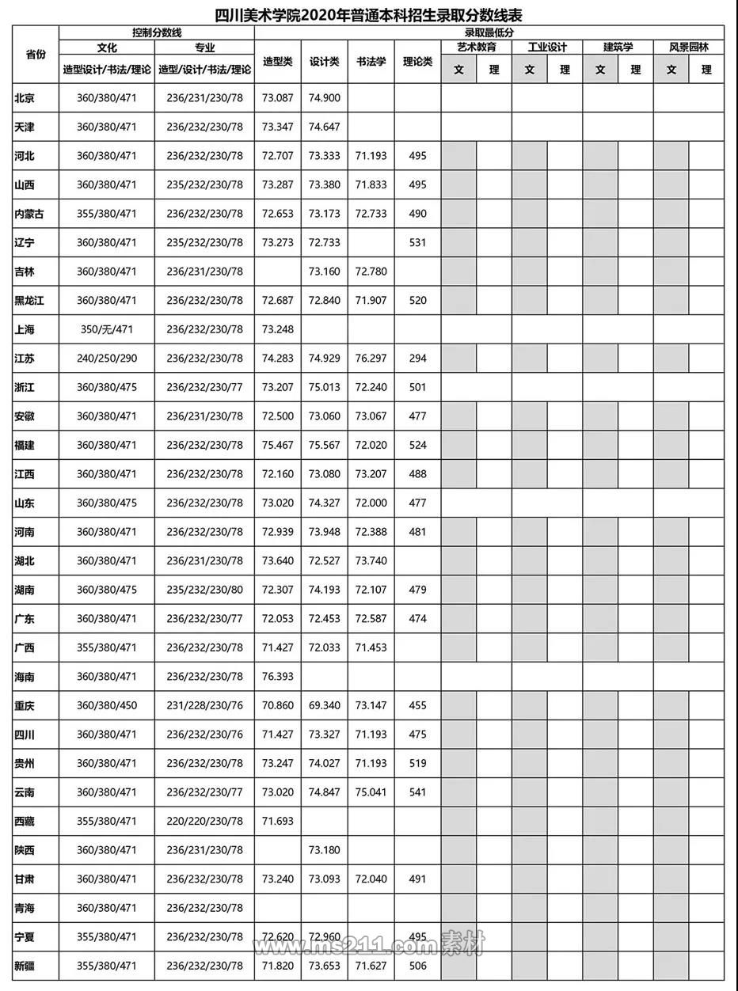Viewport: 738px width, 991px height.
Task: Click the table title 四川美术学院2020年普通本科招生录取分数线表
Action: point(369,15)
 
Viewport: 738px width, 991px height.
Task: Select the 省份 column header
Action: point(36,55)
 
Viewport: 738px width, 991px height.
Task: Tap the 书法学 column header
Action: point(371,61)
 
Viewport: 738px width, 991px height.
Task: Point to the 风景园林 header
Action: point(688,47)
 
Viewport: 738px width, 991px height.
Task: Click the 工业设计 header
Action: point(547,47)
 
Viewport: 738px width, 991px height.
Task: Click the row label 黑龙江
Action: point(30,301)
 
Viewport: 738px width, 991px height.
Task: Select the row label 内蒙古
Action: point(30,214)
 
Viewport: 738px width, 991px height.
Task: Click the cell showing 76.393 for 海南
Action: point(277,677)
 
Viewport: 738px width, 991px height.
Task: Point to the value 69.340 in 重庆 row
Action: point(324,706)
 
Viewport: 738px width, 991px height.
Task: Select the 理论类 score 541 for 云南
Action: point(417,792)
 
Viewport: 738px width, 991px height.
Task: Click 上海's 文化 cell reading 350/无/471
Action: point(106,329)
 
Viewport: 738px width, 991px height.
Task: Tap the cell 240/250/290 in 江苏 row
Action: point(106,359)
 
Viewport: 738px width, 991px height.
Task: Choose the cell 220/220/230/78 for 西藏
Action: point(205,822)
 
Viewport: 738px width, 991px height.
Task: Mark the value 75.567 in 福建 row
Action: point(324,445)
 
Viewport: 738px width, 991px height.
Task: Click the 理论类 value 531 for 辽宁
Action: point(417,242)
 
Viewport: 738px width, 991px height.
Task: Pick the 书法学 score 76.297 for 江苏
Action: point(371,359)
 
